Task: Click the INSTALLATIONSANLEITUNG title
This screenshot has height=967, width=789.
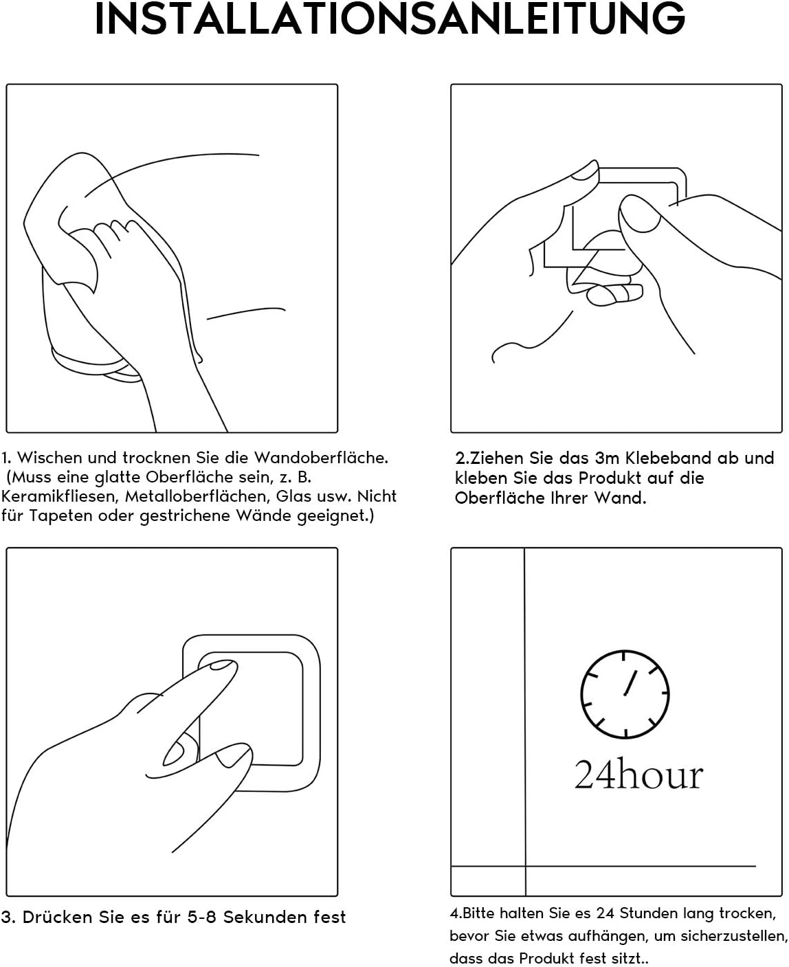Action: [x=390, y=19]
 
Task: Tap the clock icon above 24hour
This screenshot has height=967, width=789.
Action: [x=624, y=694]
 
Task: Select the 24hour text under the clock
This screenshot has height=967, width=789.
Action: [x=638, y=775]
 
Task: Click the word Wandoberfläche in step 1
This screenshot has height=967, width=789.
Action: [x=321, y=458]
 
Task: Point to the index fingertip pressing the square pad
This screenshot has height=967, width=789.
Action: [x=221, y=666]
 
